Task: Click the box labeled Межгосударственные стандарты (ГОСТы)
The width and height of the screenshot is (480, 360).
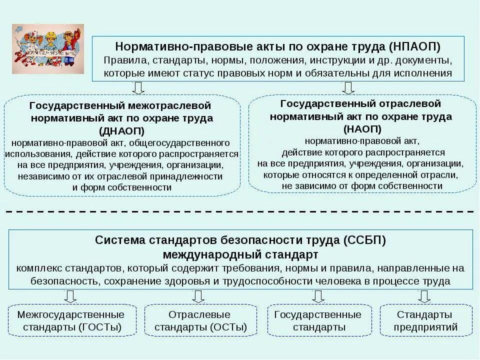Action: pyautogui.click(x=70, y=321)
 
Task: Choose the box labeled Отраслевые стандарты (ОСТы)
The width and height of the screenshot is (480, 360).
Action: pyautogui.click(x=200, y=321)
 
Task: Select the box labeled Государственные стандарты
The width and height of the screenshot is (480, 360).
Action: pyautogui.click(x=318, y=321)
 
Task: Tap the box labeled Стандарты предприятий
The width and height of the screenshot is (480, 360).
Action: pyautogui.click(x=425, y=321)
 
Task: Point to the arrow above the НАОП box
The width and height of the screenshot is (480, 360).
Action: pyautogui.click(x=348, y=88)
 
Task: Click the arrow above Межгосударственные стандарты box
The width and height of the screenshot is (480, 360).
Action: pyautogui.click(x=70, y=296)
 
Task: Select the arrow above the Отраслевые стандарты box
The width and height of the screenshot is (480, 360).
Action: pyautogui.click(x=198, y=296)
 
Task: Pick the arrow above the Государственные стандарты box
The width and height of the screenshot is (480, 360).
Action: pyautogui.click(x=318, y=296)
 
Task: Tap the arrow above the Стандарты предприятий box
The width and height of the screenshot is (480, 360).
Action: pyautogui.click(x=424, y=296)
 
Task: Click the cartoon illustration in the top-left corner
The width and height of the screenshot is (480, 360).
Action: pyautogui.click(x=48, y=49)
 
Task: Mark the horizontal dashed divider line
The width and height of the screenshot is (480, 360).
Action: pyautogui.click(x=240, y=212)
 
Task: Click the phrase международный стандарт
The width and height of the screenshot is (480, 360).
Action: pyautogui.click(x=240, y=254)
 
